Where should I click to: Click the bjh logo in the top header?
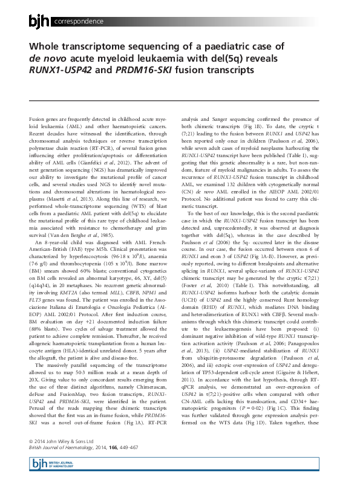click(41, 22)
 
